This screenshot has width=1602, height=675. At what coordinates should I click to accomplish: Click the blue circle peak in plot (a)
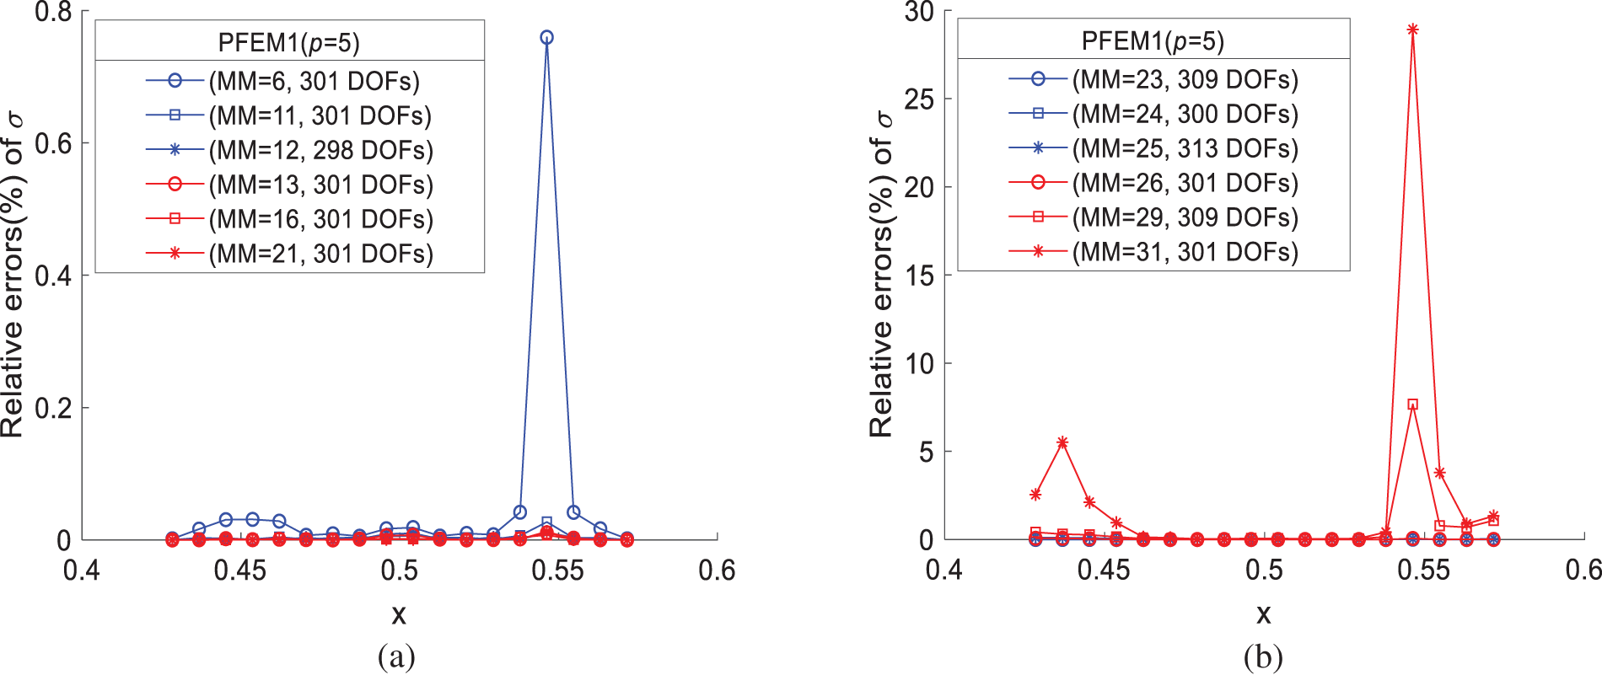pos(546,37)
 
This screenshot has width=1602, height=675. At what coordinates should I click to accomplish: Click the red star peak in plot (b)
pos(1412,29)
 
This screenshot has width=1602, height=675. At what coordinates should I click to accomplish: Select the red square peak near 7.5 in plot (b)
pos(1412,404)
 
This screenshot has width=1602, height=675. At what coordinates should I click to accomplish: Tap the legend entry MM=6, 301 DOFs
pos(314,81)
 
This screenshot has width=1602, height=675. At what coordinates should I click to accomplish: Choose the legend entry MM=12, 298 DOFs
pos(320,150)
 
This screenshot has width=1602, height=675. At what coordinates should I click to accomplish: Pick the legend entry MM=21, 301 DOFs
pos(320,254)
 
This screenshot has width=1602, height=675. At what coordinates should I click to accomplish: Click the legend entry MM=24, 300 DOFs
pos(1185,114)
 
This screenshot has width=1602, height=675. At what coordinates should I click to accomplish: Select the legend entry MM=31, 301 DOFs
pos(1185,252)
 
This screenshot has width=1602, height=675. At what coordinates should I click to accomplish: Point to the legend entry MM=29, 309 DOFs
pos(1185,217)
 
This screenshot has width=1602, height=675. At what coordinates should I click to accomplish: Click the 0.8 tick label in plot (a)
pos(53,13)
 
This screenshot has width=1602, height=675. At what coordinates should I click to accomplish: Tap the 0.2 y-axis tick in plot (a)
pos(53,408)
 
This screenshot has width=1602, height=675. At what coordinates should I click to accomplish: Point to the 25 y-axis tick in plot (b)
pos(919,99)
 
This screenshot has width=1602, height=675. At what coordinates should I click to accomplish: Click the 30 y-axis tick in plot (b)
pos(919,13)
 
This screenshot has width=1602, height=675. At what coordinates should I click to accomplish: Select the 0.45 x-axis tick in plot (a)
pos(240,571)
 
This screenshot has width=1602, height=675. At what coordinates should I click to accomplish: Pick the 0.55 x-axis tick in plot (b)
pos(1423,571)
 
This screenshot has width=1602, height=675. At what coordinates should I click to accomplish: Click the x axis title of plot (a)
pos(399,614)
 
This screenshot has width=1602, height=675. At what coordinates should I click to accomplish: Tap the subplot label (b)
pos(1263,656)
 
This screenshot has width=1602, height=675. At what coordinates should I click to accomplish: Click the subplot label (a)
pos(397,656)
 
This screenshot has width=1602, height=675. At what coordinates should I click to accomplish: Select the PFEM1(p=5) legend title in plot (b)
pos(1153,40)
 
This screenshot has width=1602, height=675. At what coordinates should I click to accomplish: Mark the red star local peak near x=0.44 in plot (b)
pos(1062,442)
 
